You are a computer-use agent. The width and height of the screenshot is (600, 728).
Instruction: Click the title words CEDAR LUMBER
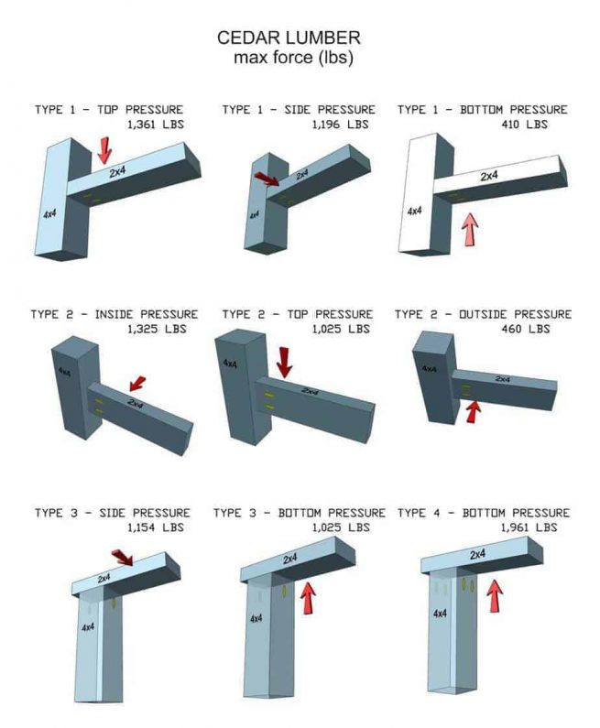point(289,38)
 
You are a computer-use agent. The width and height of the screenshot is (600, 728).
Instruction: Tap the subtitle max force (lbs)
point(293,58)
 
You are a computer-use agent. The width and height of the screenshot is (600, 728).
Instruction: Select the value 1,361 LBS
point(153,124)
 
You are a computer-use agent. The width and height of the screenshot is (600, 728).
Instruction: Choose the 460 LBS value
point(526,329)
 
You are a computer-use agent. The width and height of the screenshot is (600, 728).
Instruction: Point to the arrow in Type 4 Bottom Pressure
point(496,597)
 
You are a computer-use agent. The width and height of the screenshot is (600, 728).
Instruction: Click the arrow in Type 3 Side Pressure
point(121,558)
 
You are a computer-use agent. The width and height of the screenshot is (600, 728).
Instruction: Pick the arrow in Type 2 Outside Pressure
point(473,411)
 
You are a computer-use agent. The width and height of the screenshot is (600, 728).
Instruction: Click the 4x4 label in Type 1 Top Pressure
point(49,214)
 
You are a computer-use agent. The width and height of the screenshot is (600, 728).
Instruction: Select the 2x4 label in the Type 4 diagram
point(477,555)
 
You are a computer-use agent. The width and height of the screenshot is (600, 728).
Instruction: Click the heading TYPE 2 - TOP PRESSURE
point(297,314)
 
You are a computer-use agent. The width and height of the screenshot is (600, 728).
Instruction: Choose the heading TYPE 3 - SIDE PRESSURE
point(113,513)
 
